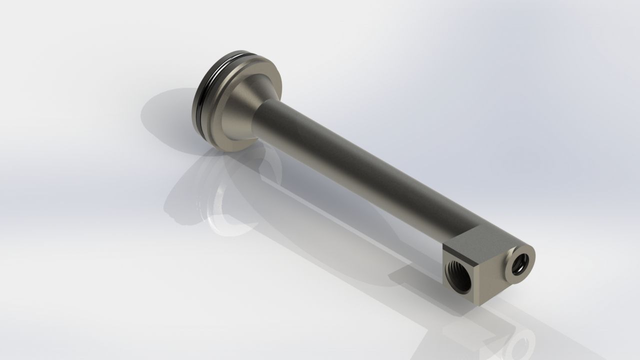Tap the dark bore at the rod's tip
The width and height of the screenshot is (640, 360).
519,262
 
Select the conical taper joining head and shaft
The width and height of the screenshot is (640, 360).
242,107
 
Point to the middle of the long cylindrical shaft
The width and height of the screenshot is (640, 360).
360,170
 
